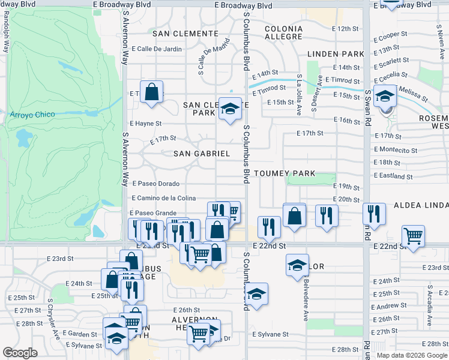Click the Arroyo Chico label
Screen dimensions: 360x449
(33, 114)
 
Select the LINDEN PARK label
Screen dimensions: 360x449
(336, 54)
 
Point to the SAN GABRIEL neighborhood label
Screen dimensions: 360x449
(202, 154)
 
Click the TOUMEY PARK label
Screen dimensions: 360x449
(285, 173)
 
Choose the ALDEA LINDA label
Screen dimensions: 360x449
(420, 205)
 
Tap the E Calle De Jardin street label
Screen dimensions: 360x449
(156, 49)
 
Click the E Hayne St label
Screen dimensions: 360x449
(146, 123)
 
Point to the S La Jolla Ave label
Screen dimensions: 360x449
(298, 94)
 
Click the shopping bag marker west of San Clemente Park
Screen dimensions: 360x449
(152, 93)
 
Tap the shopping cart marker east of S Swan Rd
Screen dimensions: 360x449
(413, 235)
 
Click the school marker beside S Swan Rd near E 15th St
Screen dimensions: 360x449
(384, 95)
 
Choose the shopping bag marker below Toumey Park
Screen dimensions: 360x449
(294, 216)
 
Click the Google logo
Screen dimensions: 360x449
(20, 353)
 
